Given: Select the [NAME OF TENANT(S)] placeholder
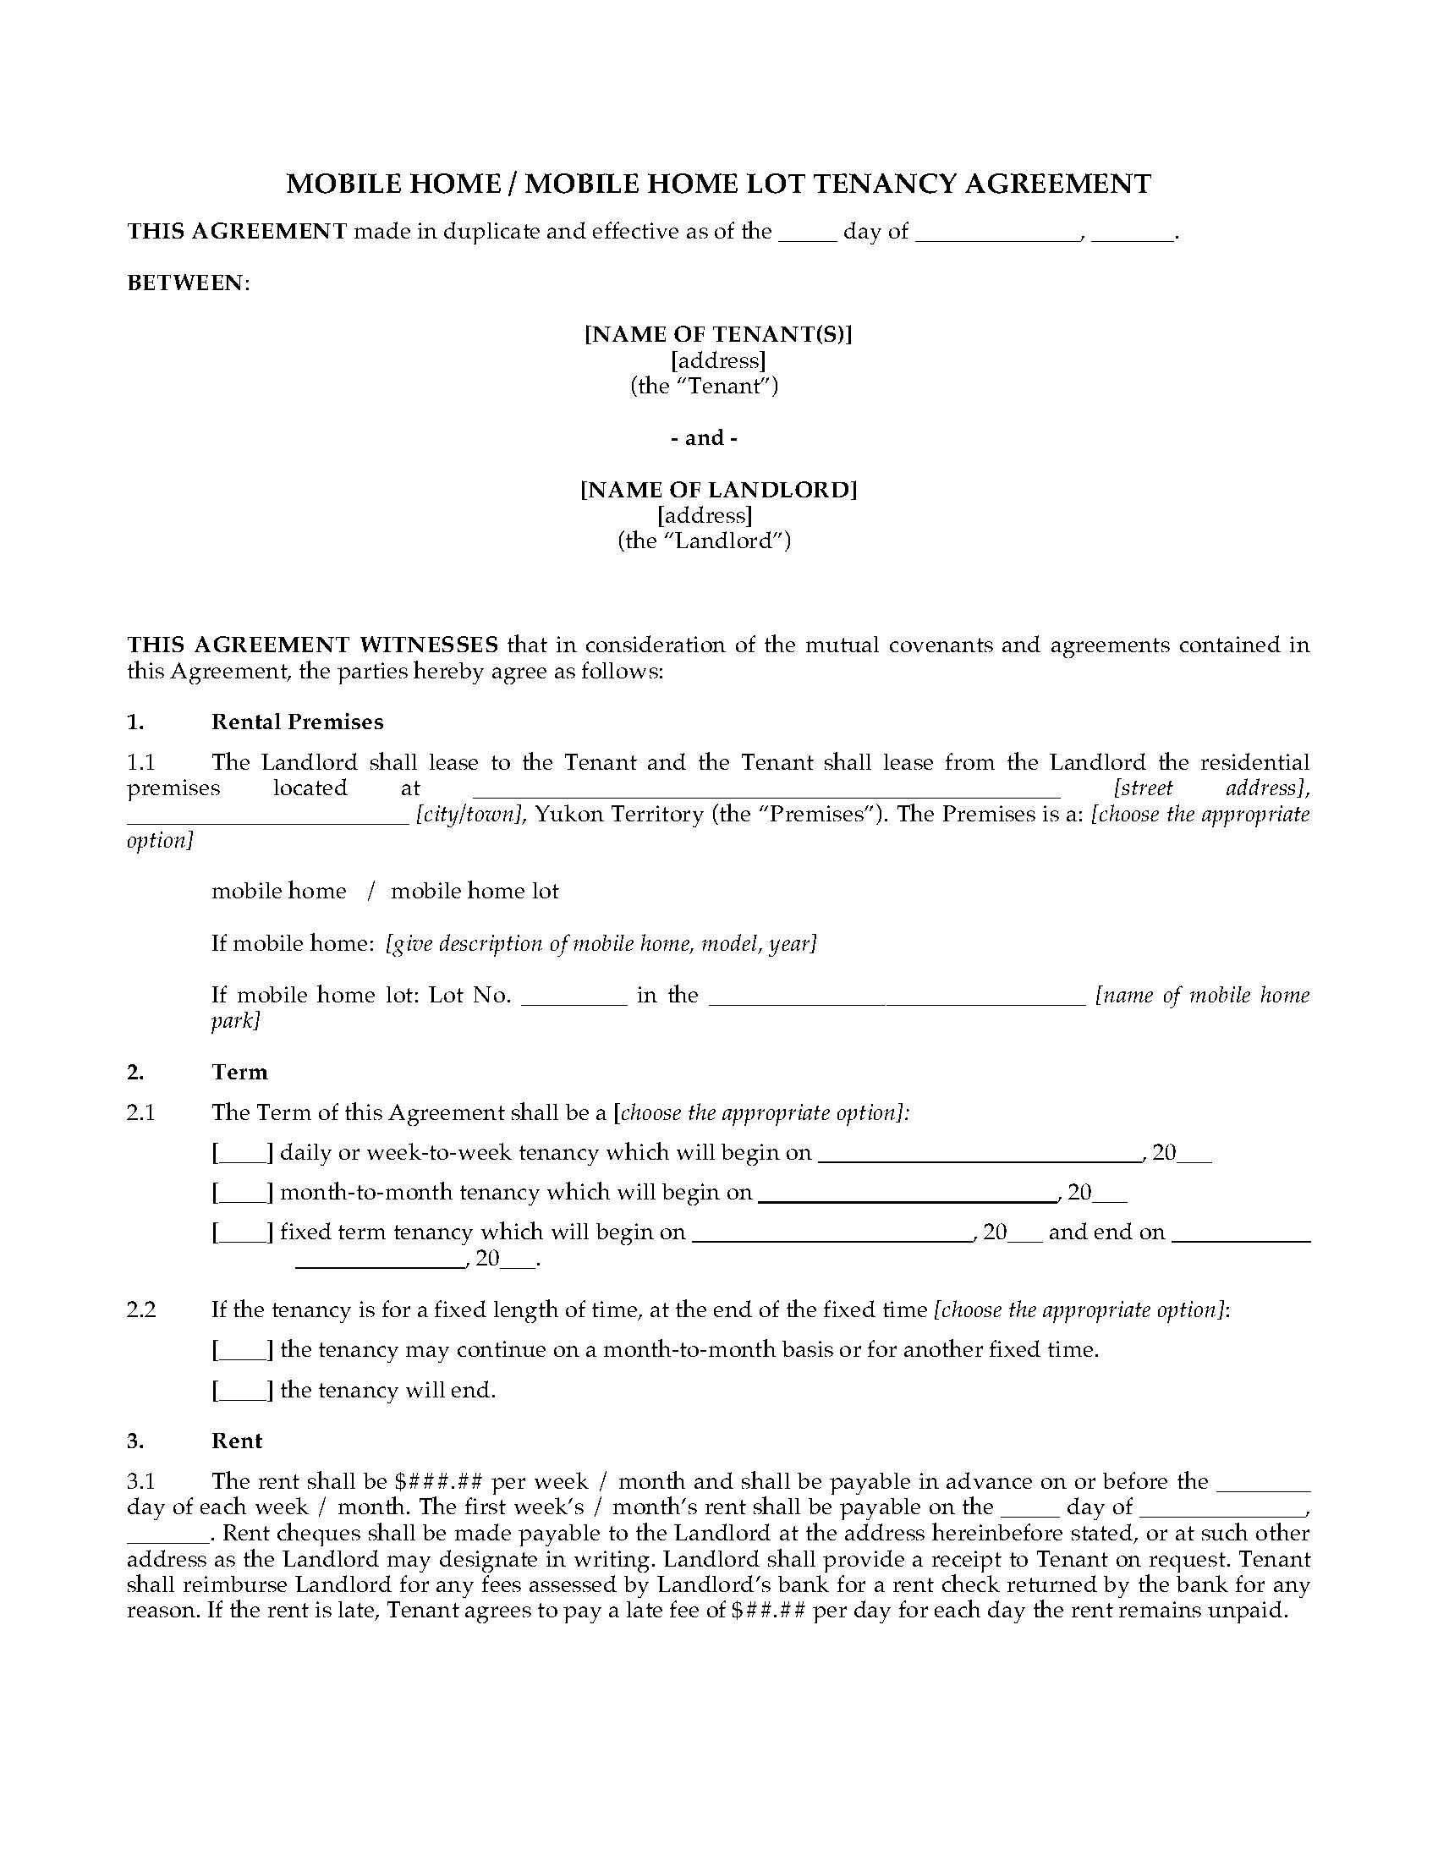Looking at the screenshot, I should tap(718, 334).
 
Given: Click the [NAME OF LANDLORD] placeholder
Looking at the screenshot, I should tap(718, 490).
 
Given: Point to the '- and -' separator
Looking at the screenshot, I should tap(705, 438).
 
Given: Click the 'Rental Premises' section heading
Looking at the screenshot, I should tap(297, 722).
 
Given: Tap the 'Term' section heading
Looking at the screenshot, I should tap(239, 1072).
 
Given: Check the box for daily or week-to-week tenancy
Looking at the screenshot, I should tap(243, 1154).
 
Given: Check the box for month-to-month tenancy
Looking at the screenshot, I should tap(243, 1193).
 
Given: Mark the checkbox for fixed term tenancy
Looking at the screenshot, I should tap(243, 1233).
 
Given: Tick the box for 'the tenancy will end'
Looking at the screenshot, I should tap(243, 1391).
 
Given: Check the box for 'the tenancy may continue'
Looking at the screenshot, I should tap(243, 1351).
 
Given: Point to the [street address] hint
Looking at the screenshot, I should tap(1210, 788).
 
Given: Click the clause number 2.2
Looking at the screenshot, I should tap(141, 1310).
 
